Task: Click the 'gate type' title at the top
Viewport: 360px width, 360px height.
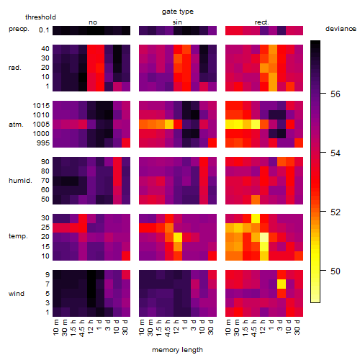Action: (178, 12)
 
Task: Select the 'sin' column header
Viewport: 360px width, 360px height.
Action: (177, 22)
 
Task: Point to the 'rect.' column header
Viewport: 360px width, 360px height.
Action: (262, 22)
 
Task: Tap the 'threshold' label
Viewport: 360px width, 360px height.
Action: (40, 17)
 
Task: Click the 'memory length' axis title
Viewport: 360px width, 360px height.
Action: (177, 350)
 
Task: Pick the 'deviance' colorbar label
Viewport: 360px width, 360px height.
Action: (341, 29)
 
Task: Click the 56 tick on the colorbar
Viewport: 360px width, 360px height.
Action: (336, 94)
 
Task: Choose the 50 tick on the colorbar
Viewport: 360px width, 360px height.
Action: (336, 271)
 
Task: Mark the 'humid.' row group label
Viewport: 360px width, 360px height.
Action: (20, 181)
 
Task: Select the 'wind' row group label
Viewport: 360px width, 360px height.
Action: (17, 294)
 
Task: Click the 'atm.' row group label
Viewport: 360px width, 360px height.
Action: (16, 125)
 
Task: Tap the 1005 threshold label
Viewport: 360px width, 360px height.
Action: (41, 125)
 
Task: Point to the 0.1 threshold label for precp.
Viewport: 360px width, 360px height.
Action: (44, 30)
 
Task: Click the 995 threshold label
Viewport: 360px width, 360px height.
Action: (43, 143)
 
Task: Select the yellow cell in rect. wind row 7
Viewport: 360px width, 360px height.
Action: (282, 284)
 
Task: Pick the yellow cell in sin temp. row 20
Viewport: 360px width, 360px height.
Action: (178, 237)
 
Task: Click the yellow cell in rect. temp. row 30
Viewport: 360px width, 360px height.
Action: (256, 218)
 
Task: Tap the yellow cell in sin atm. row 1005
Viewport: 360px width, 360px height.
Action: (169, 125)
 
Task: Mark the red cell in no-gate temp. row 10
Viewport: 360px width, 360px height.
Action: (126, 256)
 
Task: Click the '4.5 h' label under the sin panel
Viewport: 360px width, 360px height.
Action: (168, 328)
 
